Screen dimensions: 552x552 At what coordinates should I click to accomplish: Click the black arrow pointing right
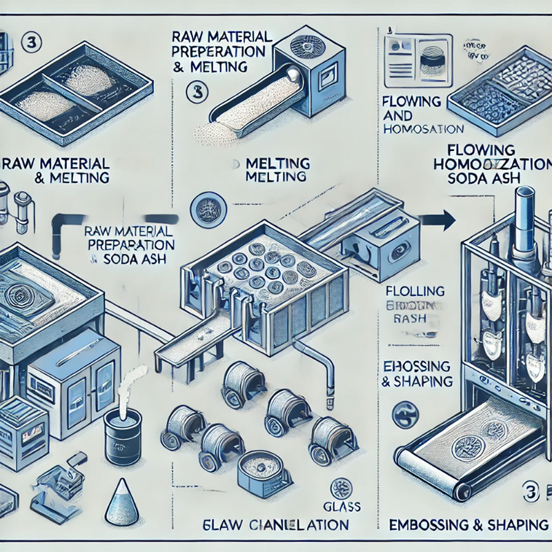(x=439, y=221)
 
